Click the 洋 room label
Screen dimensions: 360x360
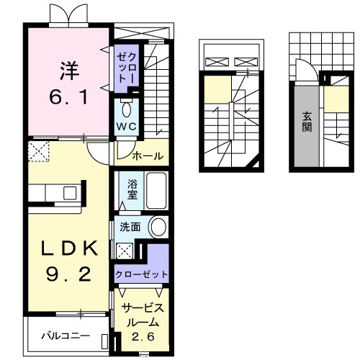pyautogui.click(x=68, y=71)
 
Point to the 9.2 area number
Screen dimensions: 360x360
pyautogui.click(x=70, y=274)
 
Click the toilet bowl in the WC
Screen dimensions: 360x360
pyautogui.click(x=127, y=110)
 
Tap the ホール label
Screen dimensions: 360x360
pyautogui.click(x=147, y=155)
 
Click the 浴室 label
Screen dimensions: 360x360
pyautogui.click(x=133, y=189)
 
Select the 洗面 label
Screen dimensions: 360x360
pyautogui.click(x=130, y=227)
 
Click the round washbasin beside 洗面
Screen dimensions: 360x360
pyautogui.click(x=158, y=227)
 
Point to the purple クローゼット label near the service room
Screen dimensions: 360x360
pyautogui.click(x=142, y=274)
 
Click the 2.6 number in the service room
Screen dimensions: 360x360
pyautogui.click(x=141, y=335)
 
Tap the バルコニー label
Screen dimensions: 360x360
pyautogui.click(x=64, y=336)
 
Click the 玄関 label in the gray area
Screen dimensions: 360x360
pyautogui.click(x=307, y=122)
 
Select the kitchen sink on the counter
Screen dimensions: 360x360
pyautogui.click(x=69, y=193)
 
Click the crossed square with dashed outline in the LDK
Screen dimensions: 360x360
pyautogui.click(x=37, y=150)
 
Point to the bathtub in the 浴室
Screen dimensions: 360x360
pyautogui.click(x=155, y=189)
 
